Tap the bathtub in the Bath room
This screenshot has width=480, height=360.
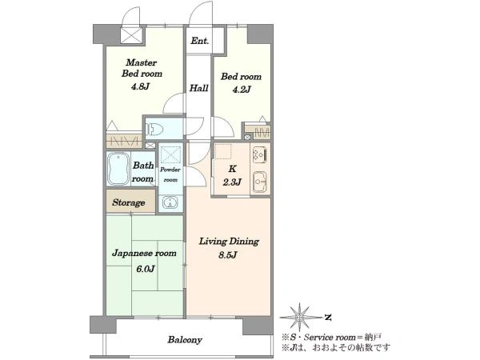pyautogui.click(x=118, y=169)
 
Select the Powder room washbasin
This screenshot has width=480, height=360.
pyautogui.click(x=170, y=202)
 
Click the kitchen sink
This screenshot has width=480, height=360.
pyautogui.click(x=260, y=182)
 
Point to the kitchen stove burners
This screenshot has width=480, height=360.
pyautogui.click(x=259, y=154)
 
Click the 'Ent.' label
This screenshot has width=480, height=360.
pyautogui.click(x=199, y=41)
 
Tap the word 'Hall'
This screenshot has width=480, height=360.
pyautogui.click(x=198, y=88)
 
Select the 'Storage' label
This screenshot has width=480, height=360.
pyautogui.click(x=129, y=202)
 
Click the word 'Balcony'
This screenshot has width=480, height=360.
pyautogui.click(x=185, y=340)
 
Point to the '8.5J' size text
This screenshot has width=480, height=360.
pyautogui.click(x=228, y=255)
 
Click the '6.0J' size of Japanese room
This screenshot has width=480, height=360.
pyautogui.click(x=145, y=269)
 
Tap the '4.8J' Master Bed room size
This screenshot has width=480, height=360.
pyautogui.click(x=140, y=86)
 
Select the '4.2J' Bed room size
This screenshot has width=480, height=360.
pyautogui.click(x=242, y=90)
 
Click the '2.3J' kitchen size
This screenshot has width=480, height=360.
pyautogui.click(x=232, y=182)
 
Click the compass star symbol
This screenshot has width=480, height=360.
pyautogui.click(x=300, y=318)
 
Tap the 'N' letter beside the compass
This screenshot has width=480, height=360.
pyautogui.click(x=328, y=318)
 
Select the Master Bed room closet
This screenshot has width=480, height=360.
pyautogui.click(x=124, y=141)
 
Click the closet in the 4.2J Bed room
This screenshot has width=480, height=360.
pyautogui.click(x=258, y=133)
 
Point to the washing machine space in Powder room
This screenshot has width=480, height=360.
pyautogui.click(x=171, y=154)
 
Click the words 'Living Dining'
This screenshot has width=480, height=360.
pyautogui.click(x=229, y=242)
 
